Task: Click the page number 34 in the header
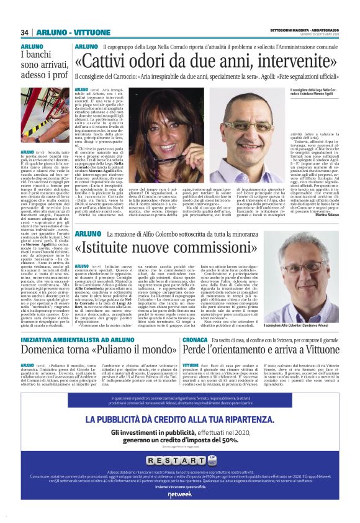[25, 32]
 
